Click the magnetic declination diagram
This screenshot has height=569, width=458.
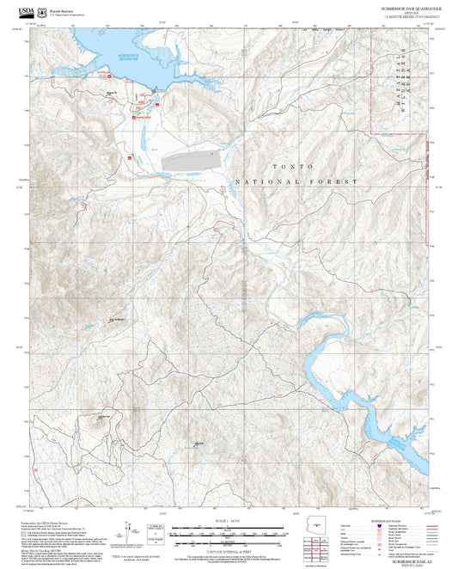pyautogui.click(x=131, y=530)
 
